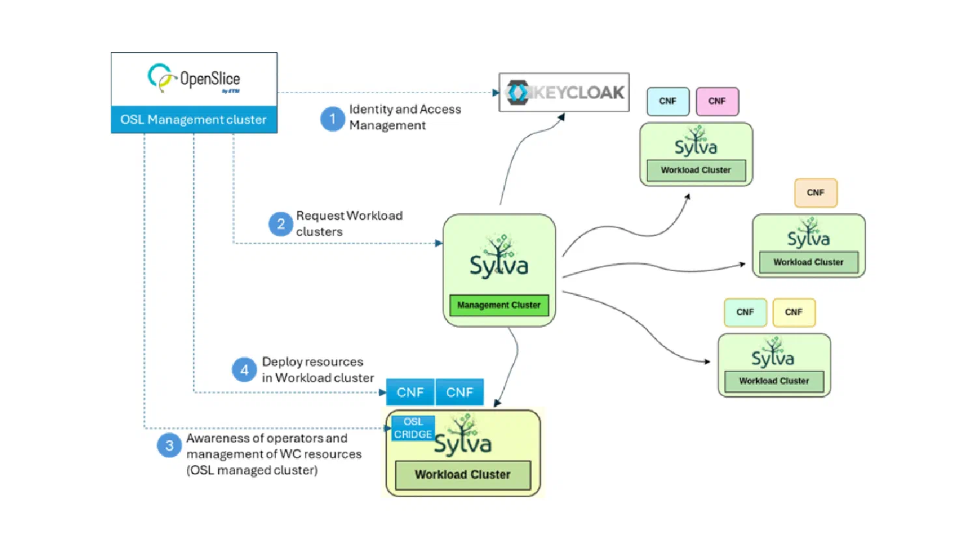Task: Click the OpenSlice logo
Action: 194,79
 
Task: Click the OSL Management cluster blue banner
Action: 194,120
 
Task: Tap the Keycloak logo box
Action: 564,92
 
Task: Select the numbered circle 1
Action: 332,119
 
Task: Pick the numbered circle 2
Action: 281,224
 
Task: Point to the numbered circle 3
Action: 169,445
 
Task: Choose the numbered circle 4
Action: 244,369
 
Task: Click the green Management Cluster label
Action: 499,305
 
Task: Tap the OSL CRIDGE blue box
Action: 412,428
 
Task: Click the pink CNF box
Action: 717,101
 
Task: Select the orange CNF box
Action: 815,192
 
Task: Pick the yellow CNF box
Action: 794,312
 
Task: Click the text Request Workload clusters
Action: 349,224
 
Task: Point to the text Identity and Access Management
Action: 405,117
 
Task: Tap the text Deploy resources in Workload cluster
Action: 318,369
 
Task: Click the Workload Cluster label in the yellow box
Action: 462,475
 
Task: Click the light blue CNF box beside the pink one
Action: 668,101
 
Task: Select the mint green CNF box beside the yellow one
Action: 745,312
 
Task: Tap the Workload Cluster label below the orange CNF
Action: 808,263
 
